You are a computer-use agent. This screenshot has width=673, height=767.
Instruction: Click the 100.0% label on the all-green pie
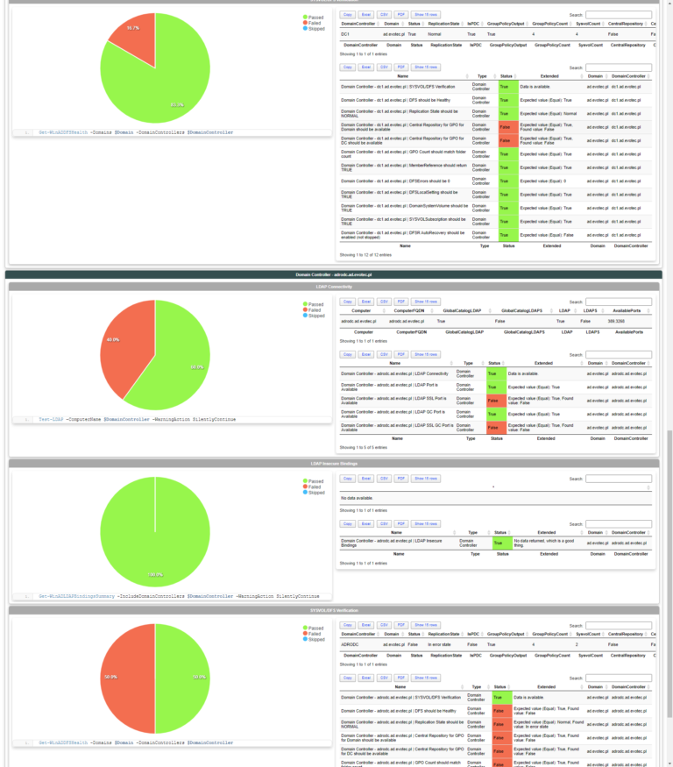(155, 575)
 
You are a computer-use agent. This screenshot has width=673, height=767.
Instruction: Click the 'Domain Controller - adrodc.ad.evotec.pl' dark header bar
(333, 274)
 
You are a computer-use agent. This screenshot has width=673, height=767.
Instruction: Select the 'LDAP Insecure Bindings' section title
(333, 463)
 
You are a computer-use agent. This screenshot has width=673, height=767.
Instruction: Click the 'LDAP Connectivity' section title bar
(333, 287)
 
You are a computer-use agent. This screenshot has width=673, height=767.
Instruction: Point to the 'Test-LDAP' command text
(51, 420)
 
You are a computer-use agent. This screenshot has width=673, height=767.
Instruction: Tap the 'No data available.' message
(358, 498)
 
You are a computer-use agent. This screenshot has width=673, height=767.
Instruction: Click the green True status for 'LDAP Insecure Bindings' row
(501, 543)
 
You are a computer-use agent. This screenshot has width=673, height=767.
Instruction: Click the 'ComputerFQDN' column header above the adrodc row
(410, 311)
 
